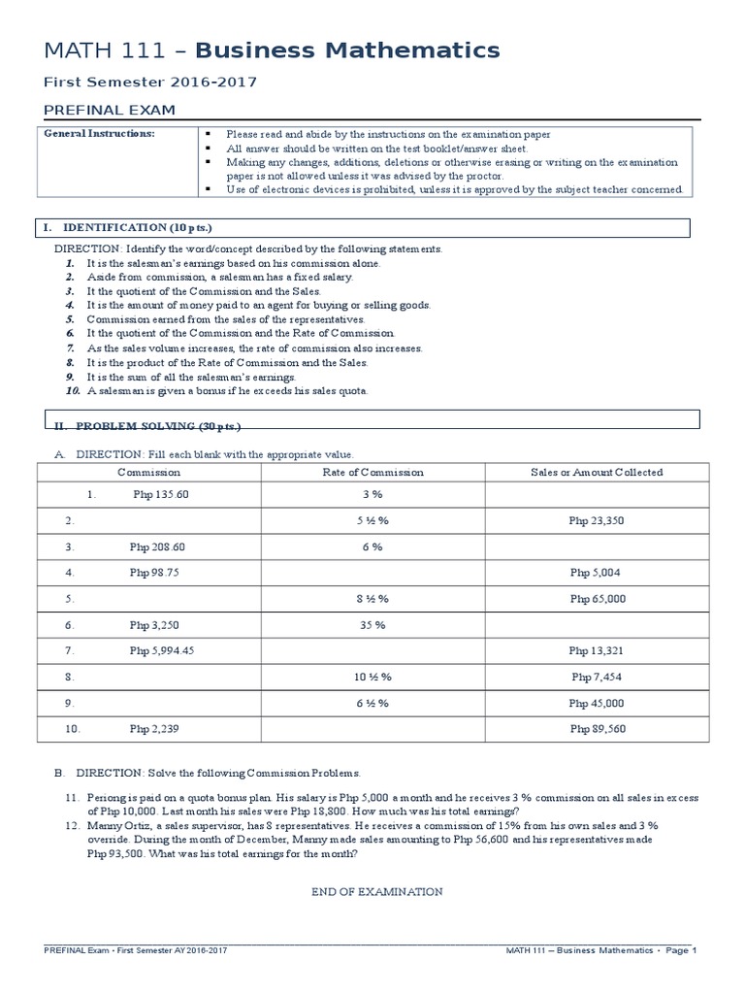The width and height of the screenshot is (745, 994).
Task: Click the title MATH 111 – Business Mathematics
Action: coord(273,50)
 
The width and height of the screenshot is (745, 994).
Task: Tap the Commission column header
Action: coord(148,472)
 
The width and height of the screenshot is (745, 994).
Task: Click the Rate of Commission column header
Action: coord(372,472)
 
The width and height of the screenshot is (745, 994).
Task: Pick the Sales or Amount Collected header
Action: coord(597,472)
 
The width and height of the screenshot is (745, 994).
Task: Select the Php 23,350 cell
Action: coord(597,520)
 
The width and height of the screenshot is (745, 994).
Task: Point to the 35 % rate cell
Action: coord(372,625)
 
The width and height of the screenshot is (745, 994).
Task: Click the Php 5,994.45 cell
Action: coord(162,650)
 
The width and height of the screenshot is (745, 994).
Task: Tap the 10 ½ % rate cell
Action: coord(372,677)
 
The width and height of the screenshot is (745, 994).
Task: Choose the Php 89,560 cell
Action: coord(597,729)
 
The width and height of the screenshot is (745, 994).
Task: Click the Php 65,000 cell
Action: coord(597,599)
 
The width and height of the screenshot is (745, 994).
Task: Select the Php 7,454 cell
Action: coord(597,677)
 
